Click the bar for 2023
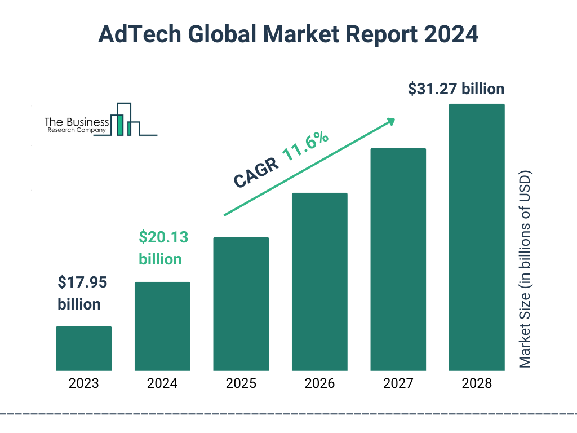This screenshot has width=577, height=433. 83,348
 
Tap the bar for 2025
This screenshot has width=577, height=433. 241,304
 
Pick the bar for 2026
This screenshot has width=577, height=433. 319,281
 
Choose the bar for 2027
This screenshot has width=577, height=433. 398,259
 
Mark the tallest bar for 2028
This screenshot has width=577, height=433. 477,237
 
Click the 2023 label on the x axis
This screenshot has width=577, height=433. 83,384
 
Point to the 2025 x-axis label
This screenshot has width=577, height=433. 241,384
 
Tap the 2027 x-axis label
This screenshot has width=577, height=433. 398,384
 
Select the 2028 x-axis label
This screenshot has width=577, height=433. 477,384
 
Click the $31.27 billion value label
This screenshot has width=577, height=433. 456,89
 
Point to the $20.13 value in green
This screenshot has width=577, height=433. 163,237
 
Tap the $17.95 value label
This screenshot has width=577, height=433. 82,282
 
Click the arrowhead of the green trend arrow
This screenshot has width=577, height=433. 390,121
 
